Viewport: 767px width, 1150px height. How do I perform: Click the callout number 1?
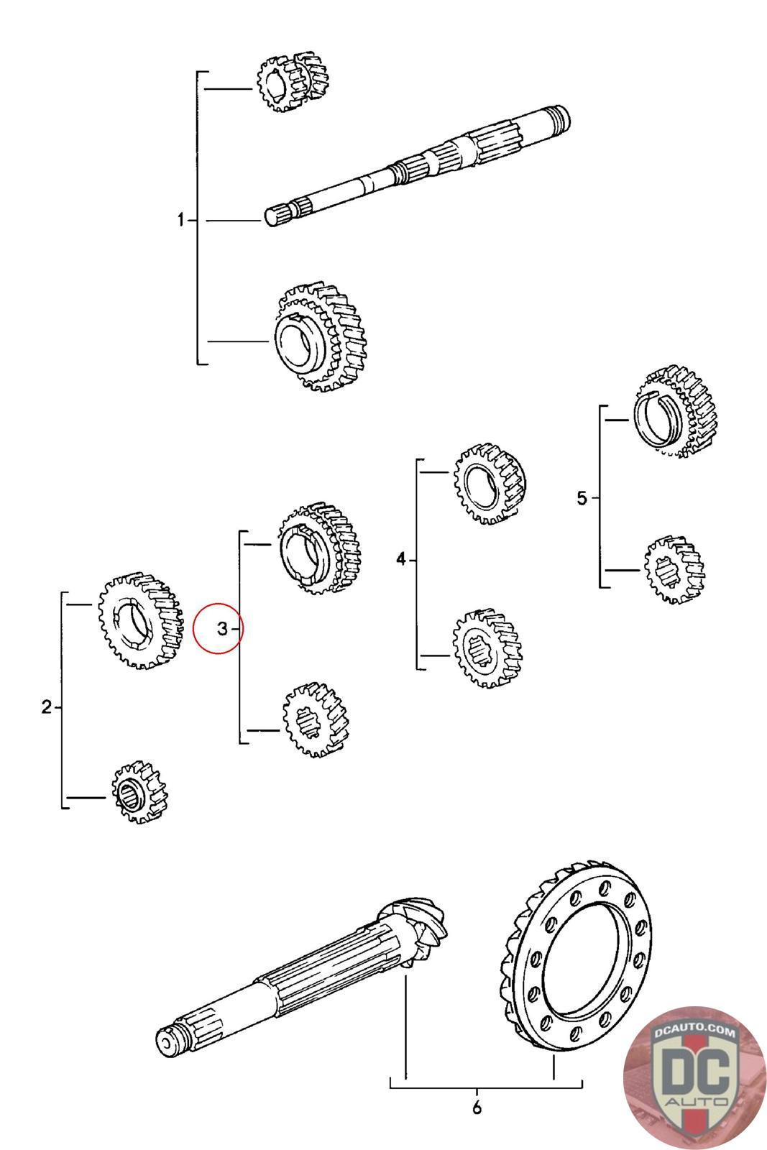pos(181,220)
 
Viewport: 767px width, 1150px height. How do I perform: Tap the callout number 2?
pos(47,707)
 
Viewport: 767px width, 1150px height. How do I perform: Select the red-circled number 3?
pos(221,629)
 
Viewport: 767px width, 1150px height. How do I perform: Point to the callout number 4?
pos(401,558)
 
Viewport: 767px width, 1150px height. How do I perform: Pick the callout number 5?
pos(582,497)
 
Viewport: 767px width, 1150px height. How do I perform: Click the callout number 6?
pos(477,1108)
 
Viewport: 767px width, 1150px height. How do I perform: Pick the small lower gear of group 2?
pos(137,791)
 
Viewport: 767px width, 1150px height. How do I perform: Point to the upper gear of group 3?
pos(318,550)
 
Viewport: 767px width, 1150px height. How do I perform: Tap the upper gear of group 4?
pos(490,483)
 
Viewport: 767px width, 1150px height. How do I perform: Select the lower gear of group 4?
pos(487,648)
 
